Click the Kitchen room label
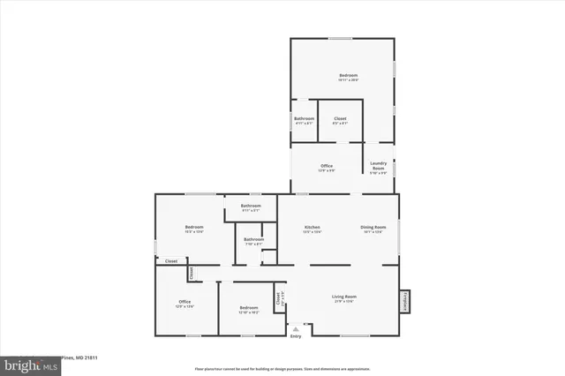[x=313, y=228]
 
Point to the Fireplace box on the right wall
[x=405, y=301]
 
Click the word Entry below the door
[x=296, y=336]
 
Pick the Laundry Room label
[x=379, y=164]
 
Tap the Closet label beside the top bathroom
[x=340, y=118]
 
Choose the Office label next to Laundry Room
[x=326, y=165]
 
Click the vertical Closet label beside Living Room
[x=278, y=298]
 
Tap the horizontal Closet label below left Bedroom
[x=171, y=261]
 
